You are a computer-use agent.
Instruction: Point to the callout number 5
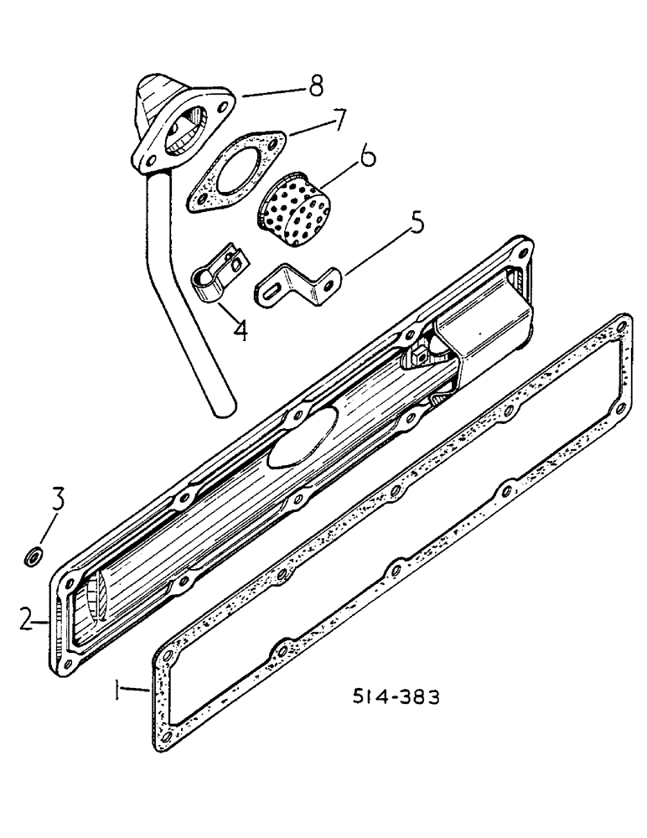tap(417, 225)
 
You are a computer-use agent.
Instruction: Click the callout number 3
tap(58, 503)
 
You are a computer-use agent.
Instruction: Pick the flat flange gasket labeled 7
tap(234, 173)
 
